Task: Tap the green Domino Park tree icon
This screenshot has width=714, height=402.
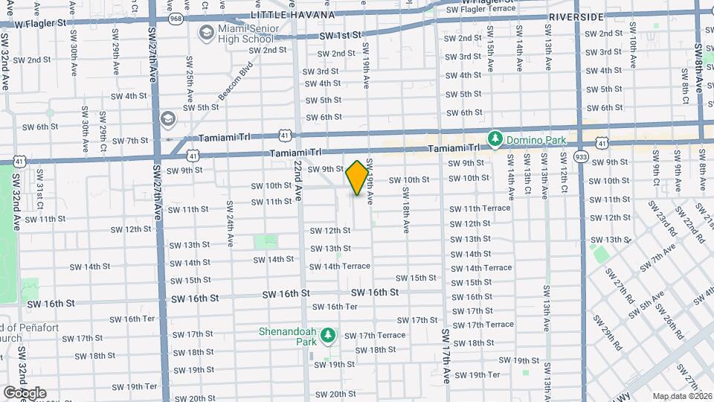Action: (x=494, y=138)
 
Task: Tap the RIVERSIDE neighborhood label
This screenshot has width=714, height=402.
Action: (x=576, y=16)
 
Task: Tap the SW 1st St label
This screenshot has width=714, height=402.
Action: (x=340, y=35)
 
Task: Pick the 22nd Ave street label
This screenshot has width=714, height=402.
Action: (x=298, y=179)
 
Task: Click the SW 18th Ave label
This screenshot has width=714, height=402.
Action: (x=407, y=211)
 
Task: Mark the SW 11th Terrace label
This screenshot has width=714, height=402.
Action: (x=480, y=208)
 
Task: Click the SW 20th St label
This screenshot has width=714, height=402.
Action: (x=327, y=395)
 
